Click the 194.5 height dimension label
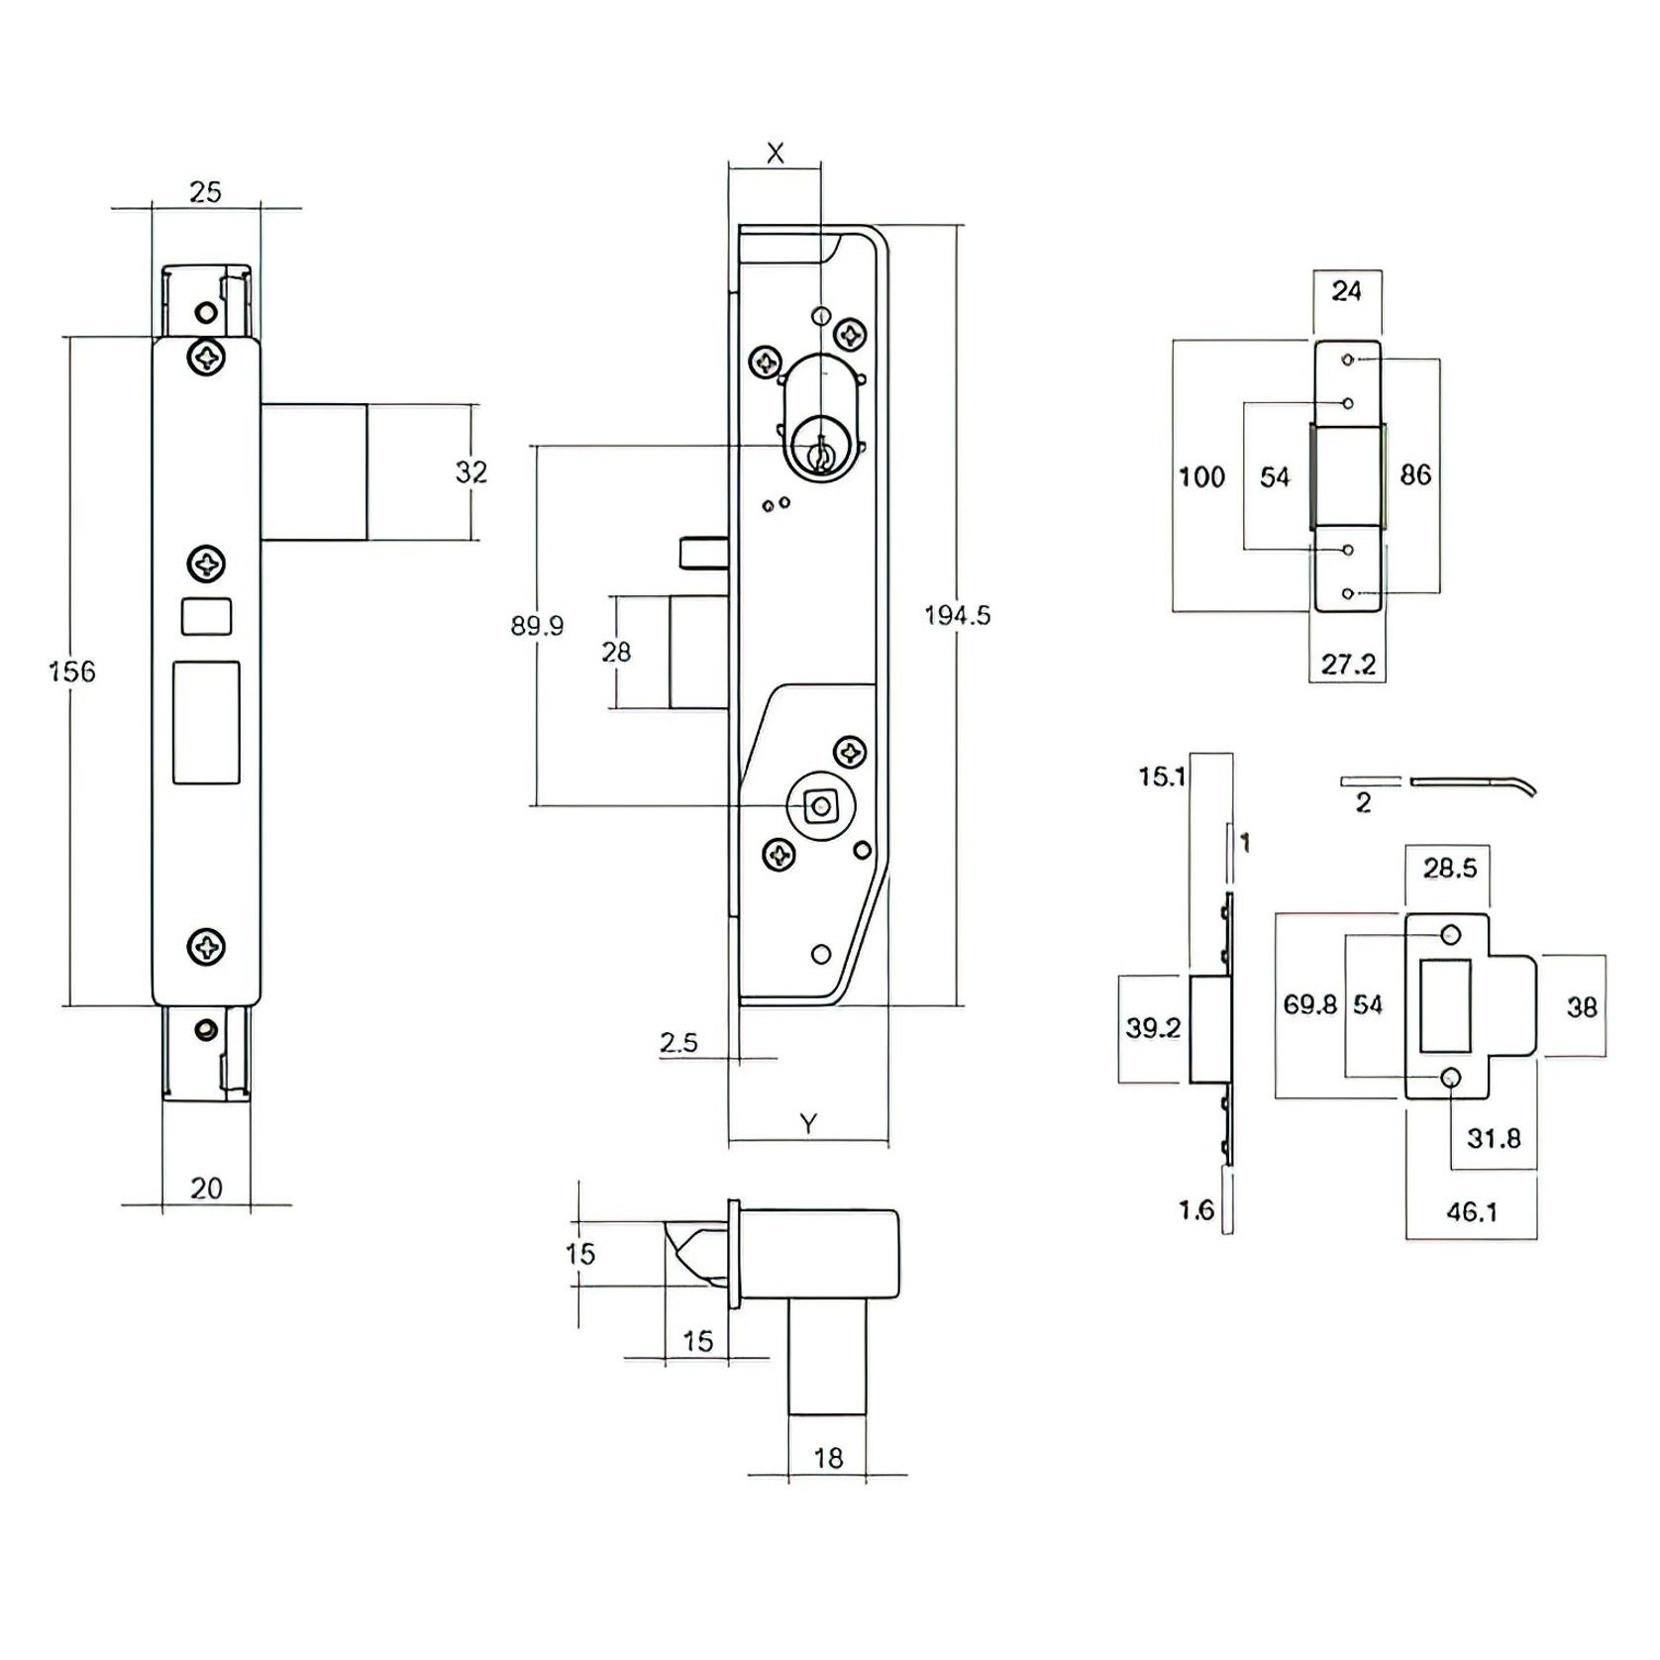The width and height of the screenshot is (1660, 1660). (x=957, y=615)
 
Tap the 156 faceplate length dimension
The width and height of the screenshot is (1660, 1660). (x=71, y=672)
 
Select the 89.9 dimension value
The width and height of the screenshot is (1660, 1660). (x=537, y=626)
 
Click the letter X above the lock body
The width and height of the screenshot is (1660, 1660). (x=776, y=153)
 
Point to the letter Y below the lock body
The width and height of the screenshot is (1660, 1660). (x=808, y=1123)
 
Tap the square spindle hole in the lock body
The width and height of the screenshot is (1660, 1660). (x=820, y=806)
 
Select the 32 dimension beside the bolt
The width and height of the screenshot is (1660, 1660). (x=470, y=471)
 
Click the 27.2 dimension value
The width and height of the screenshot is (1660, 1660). (x=1348, y=664)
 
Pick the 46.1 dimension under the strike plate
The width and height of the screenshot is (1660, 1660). (x=1471, y=1211)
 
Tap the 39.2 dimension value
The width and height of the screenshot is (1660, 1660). (x=1153, y=1027)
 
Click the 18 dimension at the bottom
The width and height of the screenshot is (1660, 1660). (x=827, y=1458)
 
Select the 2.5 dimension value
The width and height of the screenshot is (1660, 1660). (x=678, y=1042)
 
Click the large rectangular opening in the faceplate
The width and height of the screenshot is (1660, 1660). (x=206, y=722)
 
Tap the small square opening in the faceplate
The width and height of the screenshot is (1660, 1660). (x=206, y=616)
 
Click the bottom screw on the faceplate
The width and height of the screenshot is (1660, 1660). (x=206, y=946)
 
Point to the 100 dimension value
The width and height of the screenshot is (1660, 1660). (x=1201, y=477)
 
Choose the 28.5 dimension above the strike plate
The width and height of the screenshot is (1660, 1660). (x=1449, y=868)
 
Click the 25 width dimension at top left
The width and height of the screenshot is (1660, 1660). (x=205, y=192)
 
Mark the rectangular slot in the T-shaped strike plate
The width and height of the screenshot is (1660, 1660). (x=1445, y=1005)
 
